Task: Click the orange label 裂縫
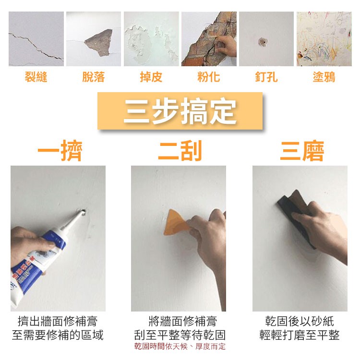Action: [36, 77]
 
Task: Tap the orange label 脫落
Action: [94, 77]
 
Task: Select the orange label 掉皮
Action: [151, 77]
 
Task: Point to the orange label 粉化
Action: [209, 77]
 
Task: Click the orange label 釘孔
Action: [266, 77]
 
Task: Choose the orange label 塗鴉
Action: [324, 77]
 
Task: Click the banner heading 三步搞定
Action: [180, 111]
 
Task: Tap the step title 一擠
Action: [60, 151]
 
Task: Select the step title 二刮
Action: [180, 151]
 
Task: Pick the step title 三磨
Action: [302, 151]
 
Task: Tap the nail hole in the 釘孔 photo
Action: [263, 42]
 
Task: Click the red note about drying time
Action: [180, 346]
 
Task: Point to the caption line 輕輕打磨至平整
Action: [300, 335]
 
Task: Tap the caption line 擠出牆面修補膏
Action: [58, 321]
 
